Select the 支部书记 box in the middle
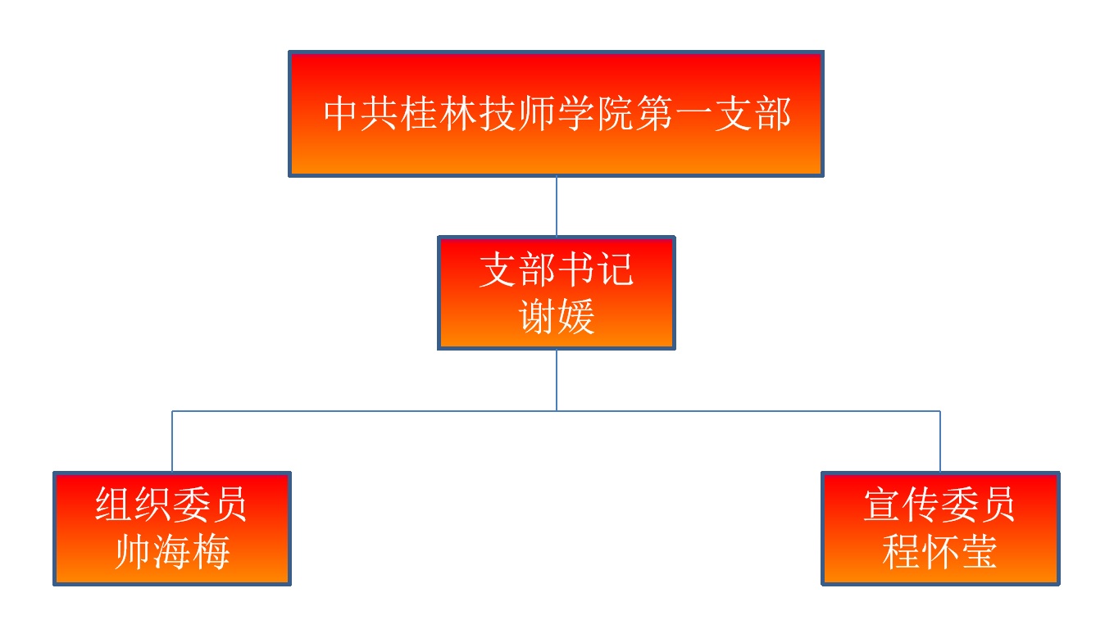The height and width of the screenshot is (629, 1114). (556, 293)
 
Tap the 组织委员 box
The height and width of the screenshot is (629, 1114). (172, 528)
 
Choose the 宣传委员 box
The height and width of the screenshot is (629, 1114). (940, 528)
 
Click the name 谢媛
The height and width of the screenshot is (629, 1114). (557, 317)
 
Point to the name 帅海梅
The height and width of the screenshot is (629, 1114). (172, 553)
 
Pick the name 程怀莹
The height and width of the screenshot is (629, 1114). (940, 553)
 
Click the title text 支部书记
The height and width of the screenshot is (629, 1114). (557, 269)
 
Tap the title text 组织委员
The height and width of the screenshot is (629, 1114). (172, 505)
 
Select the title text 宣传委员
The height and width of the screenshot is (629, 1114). (940, 505)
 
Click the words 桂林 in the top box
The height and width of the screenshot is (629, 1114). (438, 114)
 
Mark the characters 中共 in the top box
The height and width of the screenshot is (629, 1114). (361, 114)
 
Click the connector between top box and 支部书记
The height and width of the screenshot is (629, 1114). (557, 206)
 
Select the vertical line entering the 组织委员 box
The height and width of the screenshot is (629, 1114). (172, 442)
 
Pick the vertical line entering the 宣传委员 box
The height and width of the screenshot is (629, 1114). (940, 442)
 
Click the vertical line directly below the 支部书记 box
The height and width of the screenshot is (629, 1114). (557, 380)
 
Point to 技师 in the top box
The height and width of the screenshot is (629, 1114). (516, 114)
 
